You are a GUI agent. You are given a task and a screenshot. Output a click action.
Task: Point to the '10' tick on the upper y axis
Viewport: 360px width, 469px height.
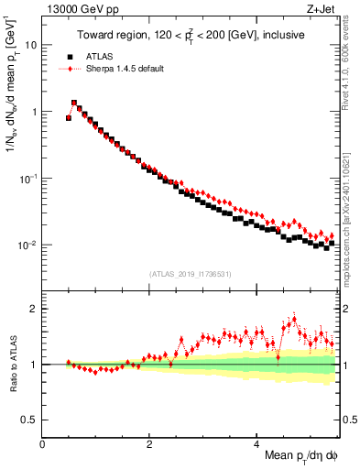point(31,44)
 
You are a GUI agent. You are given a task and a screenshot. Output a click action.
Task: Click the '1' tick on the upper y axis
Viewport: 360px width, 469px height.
point(34,112)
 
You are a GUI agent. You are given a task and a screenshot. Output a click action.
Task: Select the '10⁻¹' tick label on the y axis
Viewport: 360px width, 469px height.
point(29,178)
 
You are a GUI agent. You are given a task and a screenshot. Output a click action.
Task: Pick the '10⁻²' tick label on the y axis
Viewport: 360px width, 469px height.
point(29,245)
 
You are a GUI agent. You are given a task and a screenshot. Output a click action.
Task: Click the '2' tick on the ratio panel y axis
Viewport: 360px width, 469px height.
point(34,309)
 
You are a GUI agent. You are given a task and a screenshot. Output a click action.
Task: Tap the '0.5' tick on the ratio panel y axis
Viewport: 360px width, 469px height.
point(30,420)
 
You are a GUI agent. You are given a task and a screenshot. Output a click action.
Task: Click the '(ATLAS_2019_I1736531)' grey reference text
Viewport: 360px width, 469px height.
point(190,273)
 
